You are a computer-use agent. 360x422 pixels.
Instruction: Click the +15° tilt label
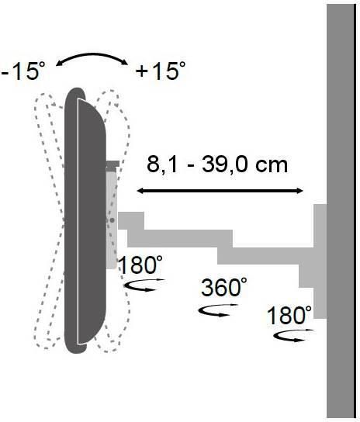(x=160, y=71)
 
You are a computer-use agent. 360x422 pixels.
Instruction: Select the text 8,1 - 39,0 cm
(x=216, y=165)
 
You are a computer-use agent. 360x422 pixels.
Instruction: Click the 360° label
(x=224, y=287)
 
